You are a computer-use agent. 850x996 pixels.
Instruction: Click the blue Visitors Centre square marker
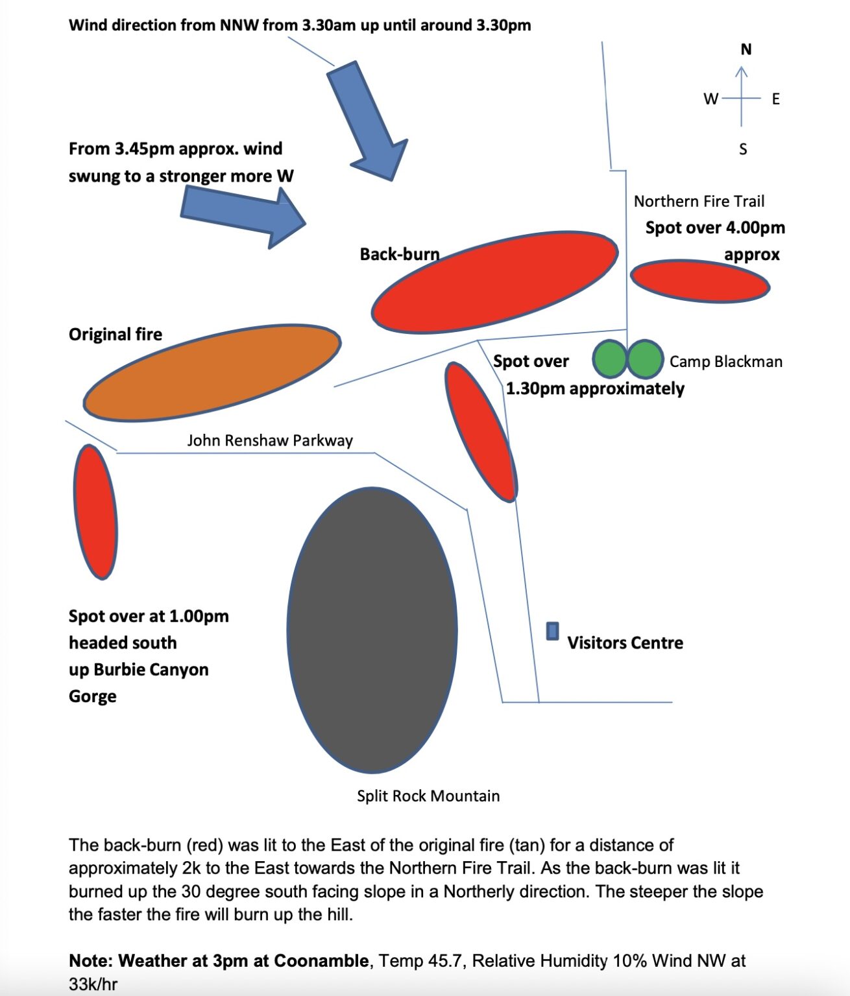(552, 631)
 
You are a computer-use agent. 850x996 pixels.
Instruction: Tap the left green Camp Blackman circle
(610, 359)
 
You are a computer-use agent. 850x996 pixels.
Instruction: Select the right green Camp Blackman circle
(645, 359)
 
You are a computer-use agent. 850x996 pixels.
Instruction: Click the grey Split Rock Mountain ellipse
(372, 630)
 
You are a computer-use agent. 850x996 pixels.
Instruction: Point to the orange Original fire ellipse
(212, 373)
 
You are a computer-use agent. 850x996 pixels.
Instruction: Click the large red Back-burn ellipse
(494, 282)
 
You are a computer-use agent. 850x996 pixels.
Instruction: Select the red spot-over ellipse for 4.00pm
(699, 281)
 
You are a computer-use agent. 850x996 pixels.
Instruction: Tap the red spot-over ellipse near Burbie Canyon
(95, 512)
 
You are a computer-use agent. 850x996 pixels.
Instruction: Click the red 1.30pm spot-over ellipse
(481, 432)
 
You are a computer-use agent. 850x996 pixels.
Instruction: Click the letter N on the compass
(746, 50)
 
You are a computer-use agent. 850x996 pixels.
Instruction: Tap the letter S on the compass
(743, 149)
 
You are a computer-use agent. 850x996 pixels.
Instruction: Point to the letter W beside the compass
(711, 99)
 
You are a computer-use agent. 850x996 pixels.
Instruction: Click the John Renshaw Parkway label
(270, 441)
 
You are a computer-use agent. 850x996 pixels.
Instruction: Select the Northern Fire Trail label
(699, 202)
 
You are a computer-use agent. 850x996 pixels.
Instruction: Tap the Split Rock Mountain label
(428, 796)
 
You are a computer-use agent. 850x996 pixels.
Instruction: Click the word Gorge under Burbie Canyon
(93, 696)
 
